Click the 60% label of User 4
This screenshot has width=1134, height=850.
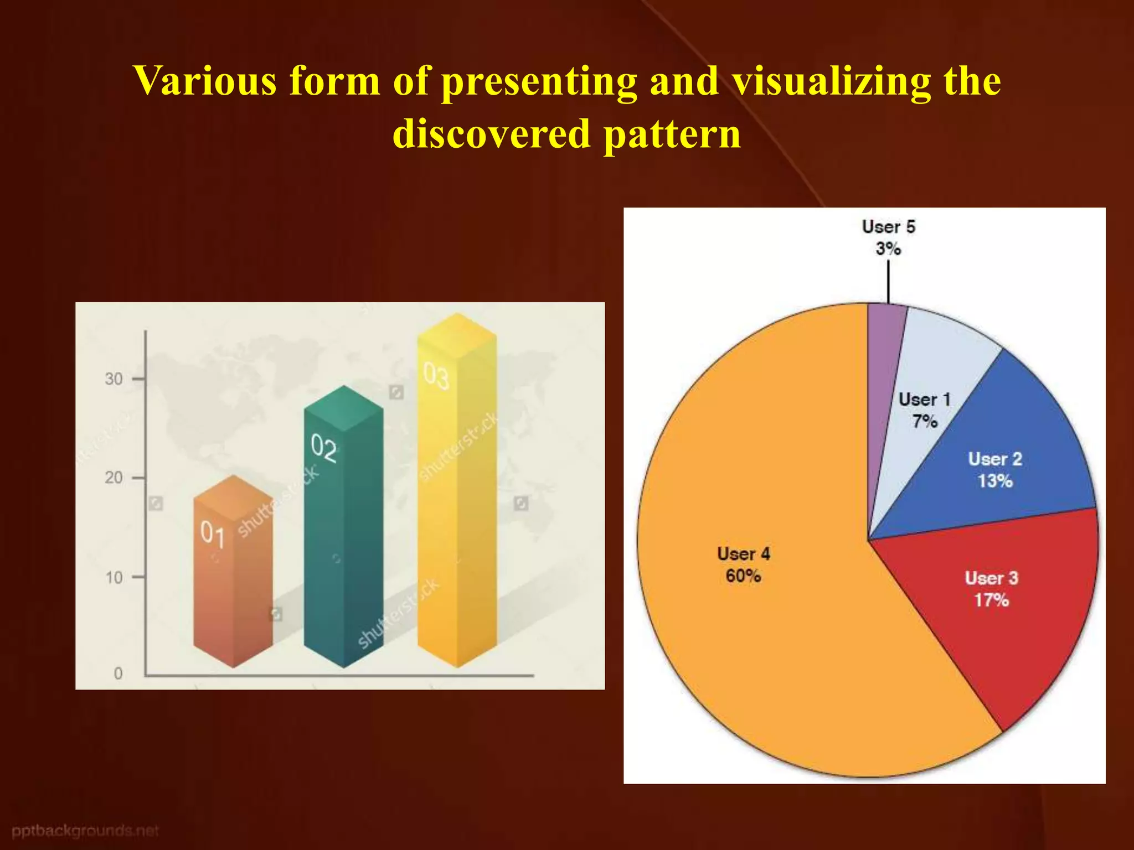pyautogui.click(x=743, y=576)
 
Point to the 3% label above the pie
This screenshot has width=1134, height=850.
pyautogui.click(x=888, y=249)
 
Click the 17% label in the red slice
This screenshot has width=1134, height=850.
pyautogui.click(x=991, y=600)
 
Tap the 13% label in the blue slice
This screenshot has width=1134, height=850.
pyautogui.click(x=994, y=481)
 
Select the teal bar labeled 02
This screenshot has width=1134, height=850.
pyautogui.click(x=343, y=542)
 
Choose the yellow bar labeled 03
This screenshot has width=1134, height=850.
pyautogui.click(x=457, y=498)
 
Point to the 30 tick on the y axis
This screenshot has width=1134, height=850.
pyautogui.click(x=114, y=379)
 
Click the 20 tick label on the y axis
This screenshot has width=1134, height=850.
pyautogui.click(x=114, y=478)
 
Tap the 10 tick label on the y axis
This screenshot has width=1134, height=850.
pyautogui.click(x=114, y=578)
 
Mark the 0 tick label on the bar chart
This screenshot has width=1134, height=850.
pyautogui.click(x=118, y=673)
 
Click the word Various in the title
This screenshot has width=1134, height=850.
pyautogui.click(x=205, y=81)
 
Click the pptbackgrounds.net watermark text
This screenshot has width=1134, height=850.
pyautogui.click(x=85, y=831)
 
